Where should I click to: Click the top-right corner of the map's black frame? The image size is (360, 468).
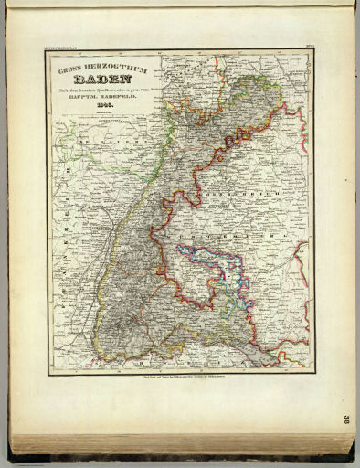(x=312, y=50)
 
